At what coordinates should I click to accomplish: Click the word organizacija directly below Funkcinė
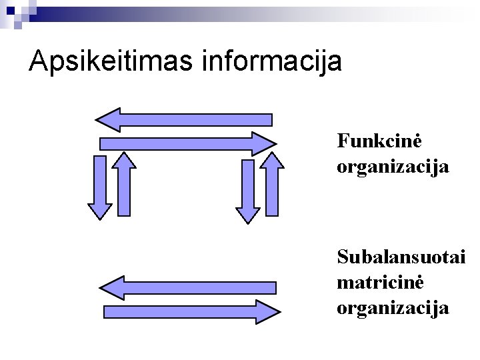(393, 166)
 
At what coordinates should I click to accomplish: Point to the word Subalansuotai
(401, 257)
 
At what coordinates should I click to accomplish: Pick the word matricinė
(380, 282)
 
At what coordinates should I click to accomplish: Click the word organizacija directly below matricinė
(393, 308)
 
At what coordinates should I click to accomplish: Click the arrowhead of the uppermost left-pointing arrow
(109, 120)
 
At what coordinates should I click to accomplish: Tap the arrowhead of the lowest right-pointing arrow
(267, 312)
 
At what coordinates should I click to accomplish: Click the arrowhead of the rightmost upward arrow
(271, 160)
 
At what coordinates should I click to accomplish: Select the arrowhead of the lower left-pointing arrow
(113, 288)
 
